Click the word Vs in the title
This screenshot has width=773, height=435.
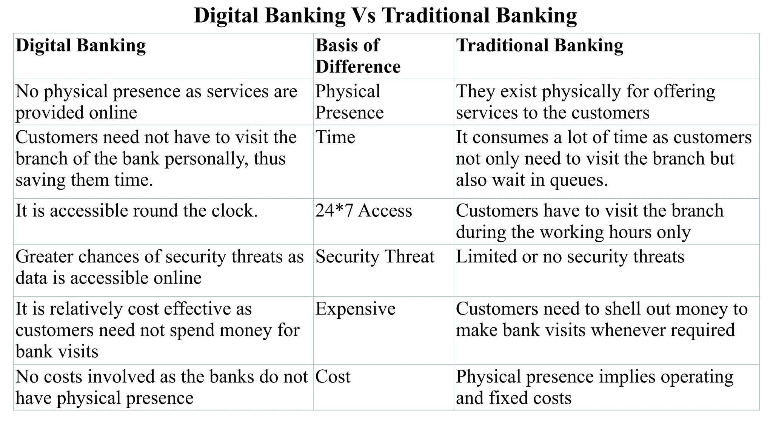(363, 16)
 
